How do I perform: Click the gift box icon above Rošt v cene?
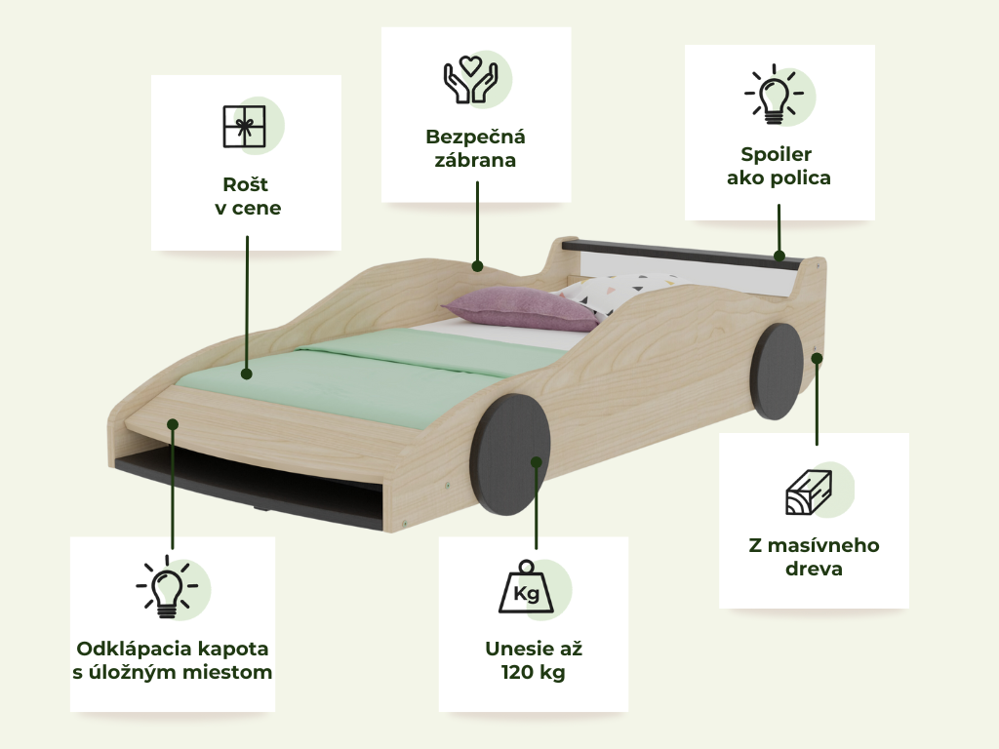[x=244, y=126]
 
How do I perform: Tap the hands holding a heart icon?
[x=471, y=80]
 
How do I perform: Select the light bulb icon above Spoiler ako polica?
[x=774, y=94]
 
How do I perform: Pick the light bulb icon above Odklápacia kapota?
[x=167, y=586]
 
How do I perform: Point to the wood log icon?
[x=809, y=493]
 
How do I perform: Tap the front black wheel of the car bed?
[x=509, y=454]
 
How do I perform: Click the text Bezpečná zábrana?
[x=475, y=148]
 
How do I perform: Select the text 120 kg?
[x=534, y=673]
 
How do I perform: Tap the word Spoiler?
[x=776, y=154]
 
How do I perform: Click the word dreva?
[x=814, y=569]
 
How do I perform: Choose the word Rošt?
[x=245, y=184]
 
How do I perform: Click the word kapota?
[x=233, y=649]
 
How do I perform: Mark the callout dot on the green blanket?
[x=247, y=374]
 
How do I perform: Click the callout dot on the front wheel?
[x=537, y=461]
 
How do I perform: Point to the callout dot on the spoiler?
[x=779, y=256]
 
